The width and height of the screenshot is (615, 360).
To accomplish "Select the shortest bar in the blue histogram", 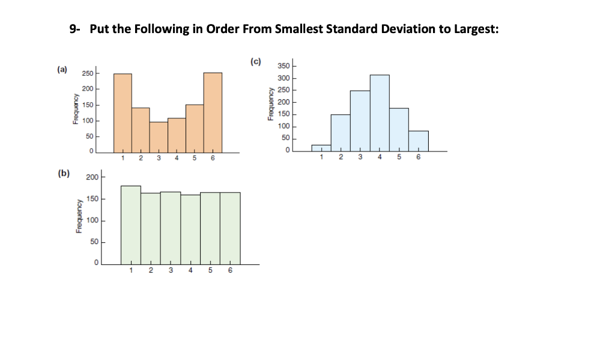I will (321, 148).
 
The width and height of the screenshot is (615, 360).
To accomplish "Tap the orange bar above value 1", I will (123, 113).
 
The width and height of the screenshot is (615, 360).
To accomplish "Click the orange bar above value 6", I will (213, 113).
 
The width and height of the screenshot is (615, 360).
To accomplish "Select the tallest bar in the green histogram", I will (131, 225).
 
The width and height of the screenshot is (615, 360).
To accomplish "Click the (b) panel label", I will (63, 174).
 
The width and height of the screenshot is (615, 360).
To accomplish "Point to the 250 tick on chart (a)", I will (88, 74).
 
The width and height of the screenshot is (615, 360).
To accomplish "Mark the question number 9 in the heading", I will (73, 30).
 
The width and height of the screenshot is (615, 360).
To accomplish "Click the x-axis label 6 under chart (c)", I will (419, 158).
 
